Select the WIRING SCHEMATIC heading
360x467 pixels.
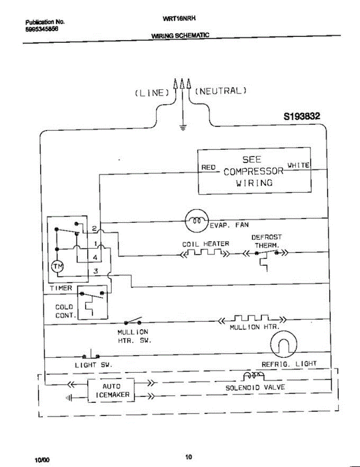pyautogui.click(x=180, y=35)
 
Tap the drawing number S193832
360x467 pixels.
pyautogui.click(x=303, y=116)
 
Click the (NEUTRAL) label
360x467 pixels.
pyautogui.click(x=220, y=91)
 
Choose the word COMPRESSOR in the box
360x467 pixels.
pyautogui.click(x=253, y=171)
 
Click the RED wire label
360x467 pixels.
pyautogui.click(x=208, y=167)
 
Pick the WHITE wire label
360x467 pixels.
pyautogui.click(x=298, y=165)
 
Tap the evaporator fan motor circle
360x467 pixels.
pyautogui.click(x=197, y=220)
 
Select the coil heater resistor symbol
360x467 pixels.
pyautogui.click(x=205, y=254)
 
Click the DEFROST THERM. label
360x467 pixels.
pyautogui.click(x=267, y=241)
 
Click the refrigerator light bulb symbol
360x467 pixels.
pyautogui.click(x=284, y=344)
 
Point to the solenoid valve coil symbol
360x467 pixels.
pyautogui.click(x=253, y=376)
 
